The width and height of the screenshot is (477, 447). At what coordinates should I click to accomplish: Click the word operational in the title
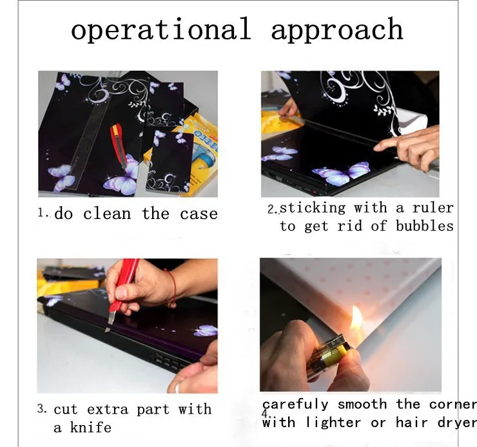[x=161, y=29]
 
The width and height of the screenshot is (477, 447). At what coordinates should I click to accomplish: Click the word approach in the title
[x=337, y=30]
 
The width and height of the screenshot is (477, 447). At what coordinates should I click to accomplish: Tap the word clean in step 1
[x=107, y=213]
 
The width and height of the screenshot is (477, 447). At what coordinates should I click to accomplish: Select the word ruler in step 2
[x=433, y=208]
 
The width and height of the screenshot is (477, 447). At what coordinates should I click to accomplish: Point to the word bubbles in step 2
[x=425, y=226]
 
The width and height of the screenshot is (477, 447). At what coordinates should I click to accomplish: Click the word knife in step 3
[x=91, y=427]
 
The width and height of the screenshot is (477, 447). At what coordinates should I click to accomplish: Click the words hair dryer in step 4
[x=436, y=423]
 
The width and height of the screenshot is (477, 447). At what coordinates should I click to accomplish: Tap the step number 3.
[x=42, y=409]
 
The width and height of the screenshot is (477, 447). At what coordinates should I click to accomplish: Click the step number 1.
[x=42, y=212]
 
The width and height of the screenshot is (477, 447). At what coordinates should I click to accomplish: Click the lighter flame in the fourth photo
[x=356, y=321]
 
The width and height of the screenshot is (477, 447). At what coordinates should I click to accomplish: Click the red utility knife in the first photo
[x=119, y=145]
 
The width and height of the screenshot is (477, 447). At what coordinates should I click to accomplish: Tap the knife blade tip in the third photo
[x=106, y=331]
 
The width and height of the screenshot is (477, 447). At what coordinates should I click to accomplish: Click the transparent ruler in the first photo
[x=89, y=128]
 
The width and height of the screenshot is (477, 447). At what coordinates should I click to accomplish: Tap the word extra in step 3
[x=108, y=409]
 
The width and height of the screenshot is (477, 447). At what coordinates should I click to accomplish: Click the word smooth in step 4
[x=362, y=404]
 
